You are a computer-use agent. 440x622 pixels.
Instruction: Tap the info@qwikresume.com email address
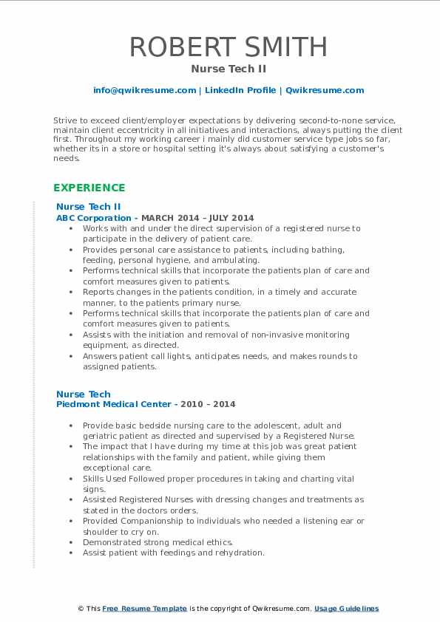pyautogui.click(x=144, y=90)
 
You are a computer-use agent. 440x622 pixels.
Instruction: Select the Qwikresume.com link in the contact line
pyautogui.click(x=325, y=90)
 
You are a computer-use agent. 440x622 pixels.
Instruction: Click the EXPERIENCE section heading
pyautogui.click(x=89, y=188)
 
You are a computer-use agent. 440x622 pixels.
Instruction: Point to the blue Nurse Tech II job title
pyautogui.click(x=88, y=207)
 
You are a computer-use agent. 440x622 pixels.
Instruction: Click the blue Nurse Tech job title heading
pyautogui.click(x=83, y=394)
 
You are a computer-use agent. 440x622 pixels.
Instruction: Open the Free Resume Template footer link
pyautogui.click(x=144, y=609)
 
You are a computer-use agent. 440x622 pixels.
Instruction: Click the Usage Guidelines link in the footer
pyautogui.click(x=346, y=609)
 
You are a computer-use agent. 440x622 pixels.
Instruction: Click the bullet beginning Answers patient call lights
pyautogui.click(x=220, y=360)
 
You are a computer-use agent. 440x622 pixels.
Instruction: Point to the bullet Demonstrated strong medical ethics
pyautogui.click(x=158, y=542)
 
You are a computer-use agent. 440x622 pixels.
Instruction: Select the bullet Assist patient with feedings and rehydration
pyautogui.click(x=173, y=553)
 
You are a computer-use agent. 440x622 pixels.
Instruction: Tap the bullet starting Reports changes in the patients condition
pyautogui.click(x=220, y=296)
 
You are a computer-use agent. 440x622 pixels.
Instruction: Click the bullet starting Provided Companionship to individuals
pyautogui.click(x=223, y=525)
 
